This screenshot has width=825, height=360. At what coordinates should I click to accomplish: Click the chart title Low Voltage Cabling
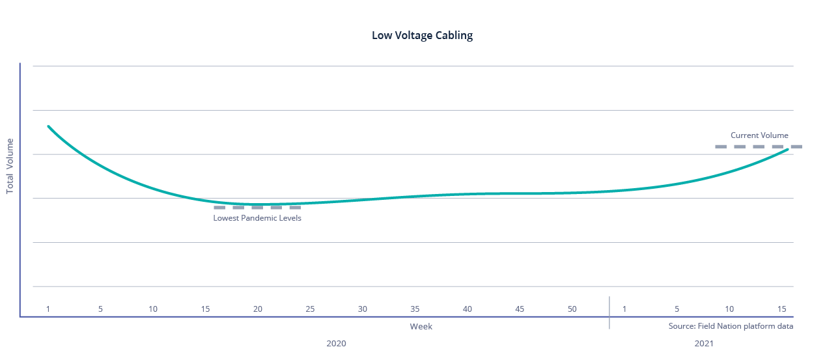(x=422, y=36)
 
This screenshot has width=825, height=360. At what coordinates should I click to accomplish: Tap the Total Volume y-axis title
(x=10, y=166)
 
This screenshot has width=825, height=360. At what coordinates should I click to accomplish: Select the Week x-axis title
(x=421, y=327)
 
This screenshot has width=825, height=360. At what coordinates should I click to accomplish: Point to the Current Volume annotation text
(x=759, y=135)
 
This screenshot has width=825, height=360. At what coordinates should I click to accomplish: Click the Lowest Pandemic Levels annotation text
(x=257, y=218)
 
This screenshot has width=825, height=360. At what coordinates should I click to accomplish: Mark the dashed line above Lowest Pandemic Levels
(x=257, y=208)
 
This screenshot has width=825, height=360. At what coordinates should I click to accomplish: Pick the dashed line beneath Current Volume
(x=759, y=147)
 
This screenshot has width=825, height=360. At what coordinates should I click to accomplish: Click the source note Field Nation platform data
(x=731, y=326)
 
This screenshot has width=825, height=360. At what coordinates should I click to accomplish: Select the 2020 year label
(x=336, y=343)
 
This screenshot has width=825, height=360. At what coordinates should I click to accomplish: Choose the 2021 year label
(x=704, y=343)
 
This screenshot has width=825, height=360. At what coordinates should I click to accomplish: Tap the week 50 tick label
(x=572, y=309)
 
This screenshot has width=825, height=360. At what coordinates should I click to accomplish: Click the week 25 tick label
(x=310, y=309)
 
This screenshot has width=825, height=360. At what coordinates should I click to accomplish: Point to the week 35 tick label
(x=415, y=309)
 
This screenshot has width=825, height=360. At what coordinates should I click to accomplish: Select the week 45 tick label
(x=520, y=309)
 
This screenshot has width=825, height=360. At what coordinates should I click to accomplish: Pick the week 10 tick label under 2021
(x=729, y=309)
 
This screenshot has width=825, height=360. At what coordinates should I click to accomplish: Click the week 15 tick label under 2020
(x=205, y=309)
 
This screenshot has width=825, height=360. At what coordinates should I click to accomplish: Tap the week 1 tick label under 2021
(x=624, y=309)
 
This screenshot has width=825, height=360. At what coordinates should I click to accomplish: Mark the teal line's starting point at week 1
(x=48, y=126)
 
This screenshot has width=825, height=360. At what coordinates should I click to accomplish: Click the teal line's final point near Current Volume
(x=788, y=150)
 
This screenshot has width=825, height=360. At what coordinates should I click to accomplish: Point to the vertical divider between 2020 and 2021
(x=609, y=312)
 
